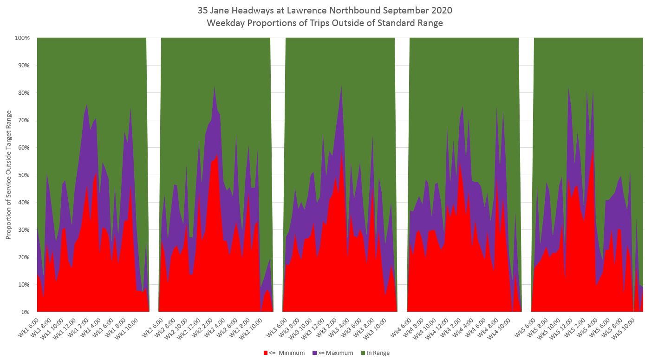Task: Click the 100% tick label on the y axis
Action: coord(21,38)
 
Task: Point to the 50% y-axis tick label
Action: coord(23,175)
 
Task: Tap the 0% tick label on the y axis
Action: coord(25,312)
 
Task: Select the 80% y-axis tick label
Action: coord(23,93)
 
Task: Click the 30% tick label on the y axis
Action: coord(23,230)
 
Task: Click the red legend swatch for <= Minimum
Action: coord(266,353)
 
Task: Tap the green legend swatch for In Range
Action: coord(363,353)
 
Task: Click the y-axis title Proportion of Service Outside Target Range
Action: coord(9,174)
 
